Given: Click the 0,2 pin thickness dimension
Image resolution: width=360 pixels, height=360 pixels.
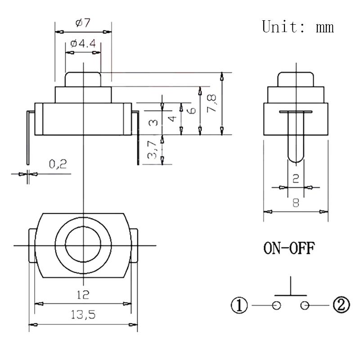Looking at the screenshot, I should click(58, 164).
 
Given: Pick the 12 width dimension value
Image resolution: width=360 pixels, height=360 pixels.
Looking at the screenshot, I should click(83, 295).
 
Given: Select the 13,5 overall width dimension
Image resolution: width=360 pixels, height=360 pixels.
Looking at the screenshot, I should click(83, 315).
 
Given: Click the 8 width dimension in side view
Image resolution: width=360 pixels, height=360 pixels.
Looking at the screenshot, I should click(296, 202).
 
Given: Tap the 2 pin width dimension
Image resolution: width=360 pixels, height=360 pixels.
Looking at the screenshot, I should click(296, 178).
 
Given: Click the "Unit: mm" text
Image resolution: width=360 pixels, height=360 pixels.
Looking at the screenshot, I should click(298, 27).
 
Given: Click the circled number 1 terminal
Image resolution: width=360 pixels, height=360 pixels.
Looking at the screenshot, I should click(240, 306).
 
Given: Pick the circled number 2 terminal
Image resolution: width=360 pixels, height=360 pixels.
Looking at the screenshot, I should click(341, 306).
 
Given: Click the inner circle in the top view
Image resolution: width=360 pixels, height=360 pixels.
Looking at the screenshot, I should click(83, 245).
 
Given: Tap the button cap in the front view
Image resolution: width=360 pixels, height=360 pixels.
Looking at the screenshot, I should click(83, 79).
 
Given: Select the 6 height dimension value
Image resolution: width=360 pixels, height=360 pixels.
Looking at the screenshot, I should click(192, 110).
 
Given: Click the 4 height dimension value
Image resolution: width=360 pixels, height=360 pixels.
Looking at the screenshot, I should click(172, 119).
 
